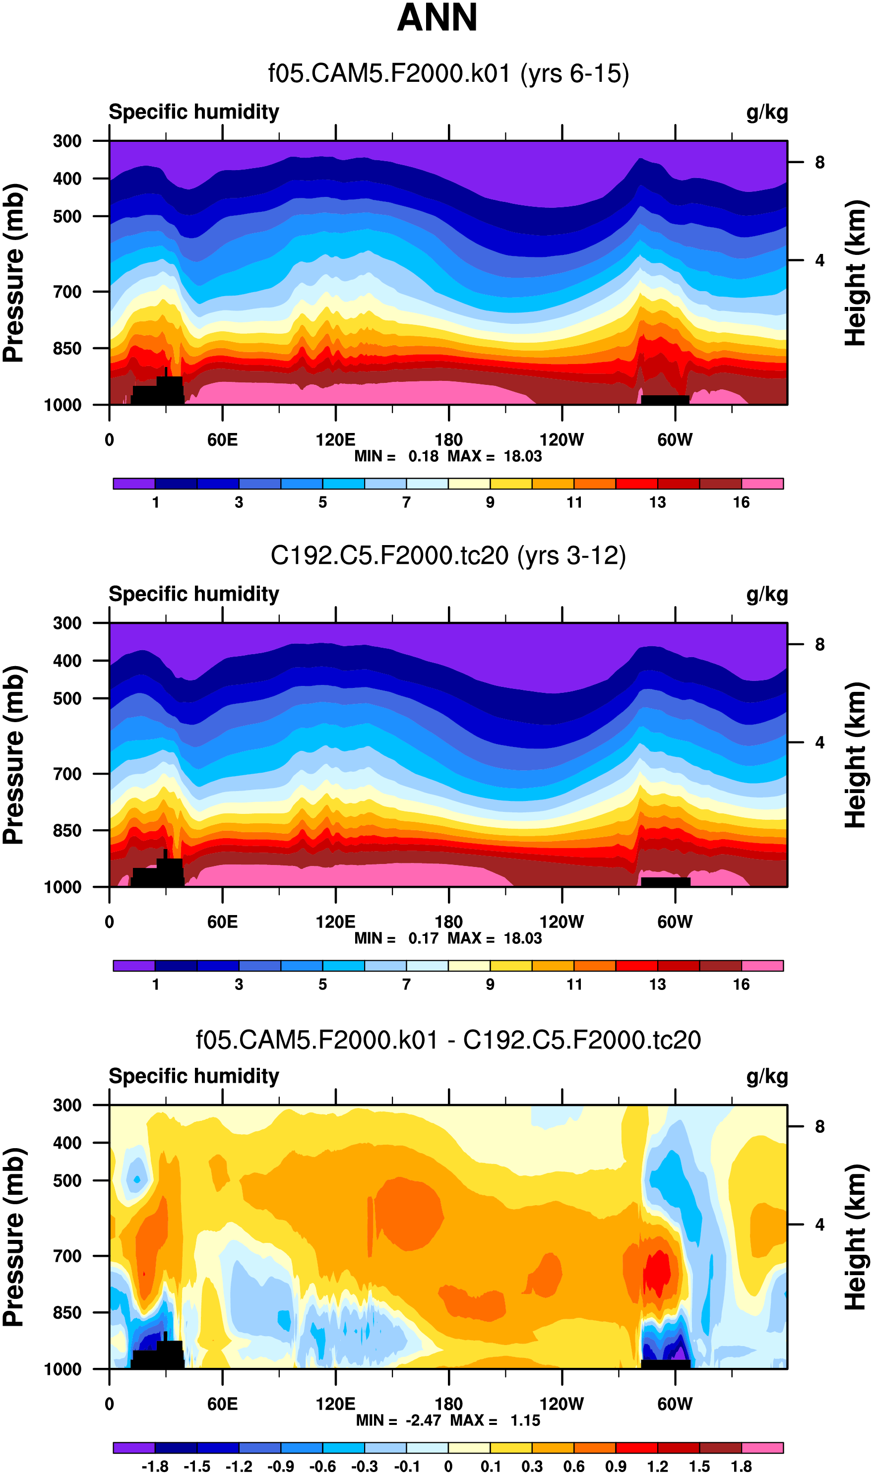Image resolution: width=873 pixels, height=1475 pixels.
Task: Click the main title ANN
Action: point(437,18)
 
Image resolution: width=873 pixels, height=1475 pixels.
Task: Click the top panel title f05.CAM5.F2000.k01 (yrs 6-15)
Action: point(448,73)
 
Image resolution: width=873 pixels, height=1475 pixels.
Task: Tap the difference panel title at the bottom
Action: point(448,1040)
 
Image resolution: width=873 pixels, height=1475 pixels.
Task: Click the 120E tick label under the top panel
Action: point(335,440)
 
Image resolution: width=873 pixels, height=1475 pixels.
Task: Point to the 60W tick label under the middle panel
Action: point(675,922)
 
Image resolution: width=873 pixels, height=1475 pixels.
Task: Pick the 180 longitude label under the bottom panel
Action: point(448,1404)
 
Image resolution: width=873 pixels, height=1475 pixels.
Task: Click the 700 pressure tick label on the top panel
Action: point(67,292)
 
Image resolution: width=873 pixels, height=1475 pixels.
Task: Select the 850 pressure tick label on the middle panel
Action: point(67,830)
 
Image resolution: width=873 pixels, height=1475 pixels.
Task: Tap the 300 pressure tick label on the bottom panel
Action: point(67,1105)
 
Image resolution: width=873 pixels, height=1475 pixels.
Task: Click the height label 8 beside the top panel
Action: point(819,162)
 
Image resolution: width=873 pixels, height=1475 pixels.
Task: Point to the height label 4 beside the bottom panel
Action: point(819,1225)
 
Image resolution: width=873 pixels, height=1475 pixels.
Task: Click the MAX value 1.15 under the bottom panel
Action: point(525,1420)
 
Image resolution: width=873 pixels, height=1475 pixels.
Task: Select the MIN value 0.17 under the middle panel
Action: point(424,938)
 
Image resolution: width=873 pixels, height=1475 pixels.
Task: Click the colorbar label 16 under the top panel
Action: point(741,502)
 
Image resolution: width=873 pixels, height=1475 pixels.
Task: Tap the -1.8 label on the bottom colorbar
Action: point(155,1466)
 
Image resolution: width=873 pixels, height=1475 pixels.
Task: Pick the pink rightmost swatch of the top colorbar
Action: point(762,484)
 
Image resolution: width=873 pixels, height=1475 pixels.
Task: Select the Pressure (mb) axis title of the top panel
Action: point(14,273)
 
